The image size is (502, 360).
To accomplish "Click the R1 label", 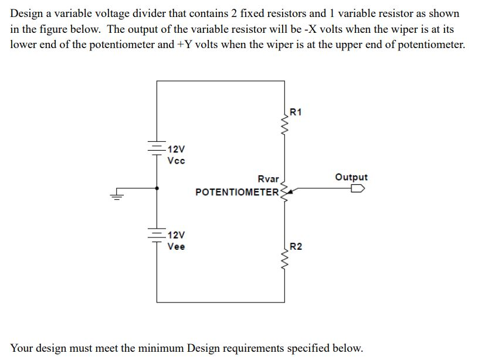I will click(x=296, y=113).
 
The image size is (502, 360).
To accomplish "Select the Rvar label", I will click(x=268, y=179).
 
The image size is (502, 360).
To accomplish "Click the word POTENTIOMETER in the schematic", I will click(x=238, y=192).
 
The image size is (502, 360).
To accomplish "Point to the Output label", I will click(x=351, y=177).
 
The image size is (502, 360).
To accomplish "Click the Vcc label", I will click(x=176, y=161).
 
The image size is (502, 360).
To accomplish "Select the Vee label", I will click(x=176, y=246).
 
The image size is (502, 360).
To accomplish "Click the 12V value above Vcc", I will click(x=175, y=150).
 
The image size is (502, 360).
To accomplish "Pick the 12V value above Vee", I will click(x=175, y=235).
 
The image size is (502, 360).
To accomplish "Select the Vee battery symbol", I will click(x=157, y=235).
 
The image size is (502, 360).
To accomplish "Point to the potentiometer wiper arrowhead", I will click(x=291, y=189).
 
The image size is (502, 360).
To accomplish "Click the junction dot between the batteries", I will click(x=157, y=189).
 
